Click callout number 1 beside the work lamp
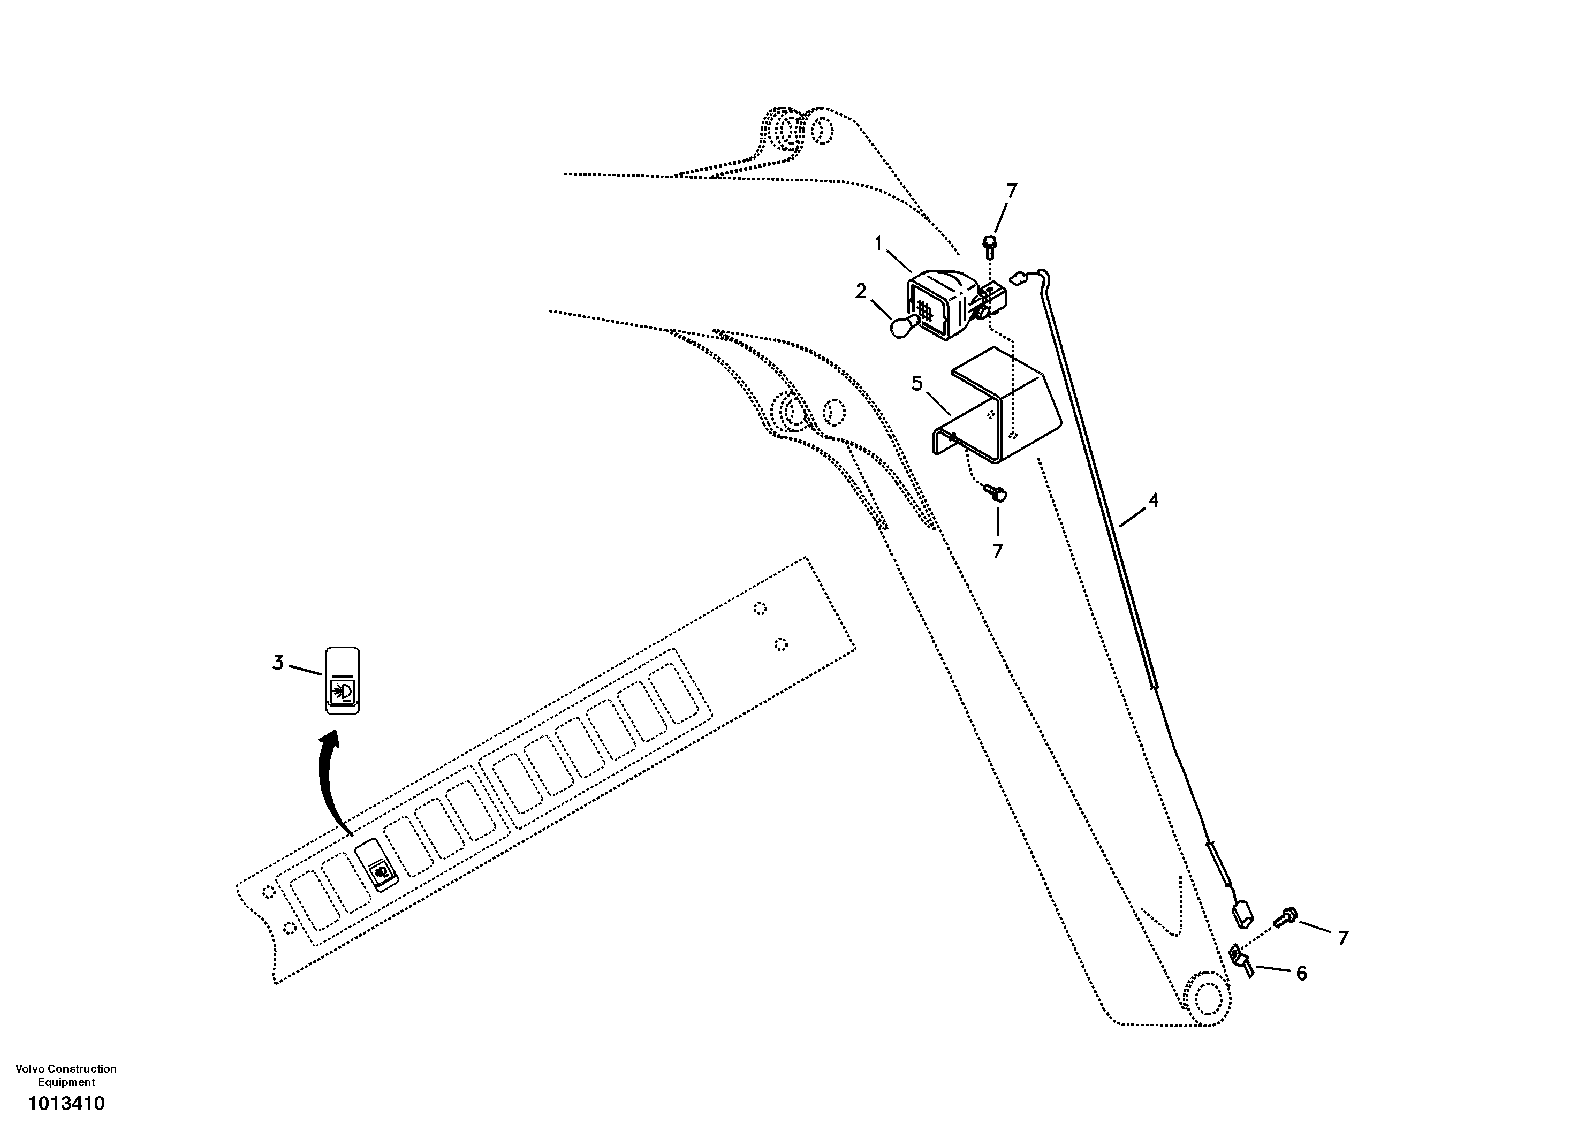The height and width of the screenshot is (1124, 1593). coord(878,244)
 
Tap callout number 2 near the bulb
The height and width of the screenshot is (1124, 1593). coord(860,291)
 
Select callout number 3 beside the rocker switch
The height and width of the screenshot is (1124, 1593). coord(277,663)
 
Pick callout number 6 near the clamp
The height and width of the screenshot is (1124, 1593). coord(1302,974)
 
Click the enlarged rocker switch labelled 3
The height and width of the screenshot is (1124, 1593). coord(343,681)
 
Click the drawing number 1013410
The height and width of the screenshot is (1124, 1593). coord(66,1103)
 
